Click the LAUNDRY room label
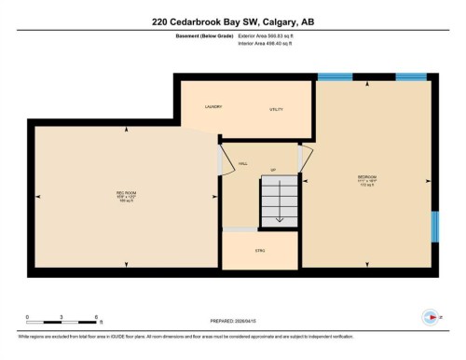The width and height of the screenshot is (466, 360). (x=213, y=107)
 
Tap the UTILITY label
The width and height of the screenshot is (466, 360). (x=277, y=110)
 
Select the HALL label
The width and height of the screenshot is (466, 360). (x=242, y=163)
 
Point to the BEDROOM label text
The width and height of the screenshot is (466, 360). (x=367, y=176)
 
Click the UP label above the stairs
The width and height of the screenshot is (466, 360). (x=273, y=170)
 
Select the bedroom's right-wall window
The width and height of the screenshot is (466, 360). (x=434, y=226)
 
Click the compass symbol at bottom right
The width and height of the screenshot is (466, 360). (x=431, y=315)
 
